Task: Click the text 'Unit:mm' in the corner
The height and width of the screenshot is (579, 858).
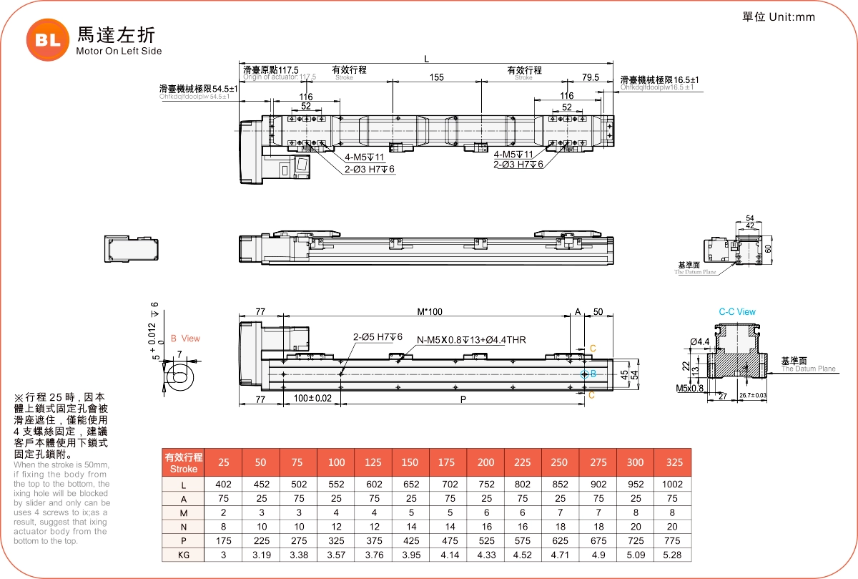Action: point(792,17)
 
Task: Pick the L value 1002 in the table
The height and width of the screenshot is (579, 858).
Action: point(672,485)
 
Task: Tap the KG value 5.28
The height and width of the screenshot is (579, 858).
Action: point(672,555)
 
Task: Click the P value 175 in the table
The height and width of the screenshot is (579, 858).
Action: point(223,541)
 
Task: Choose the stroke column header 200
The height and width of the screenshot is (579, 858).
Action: point(485,463)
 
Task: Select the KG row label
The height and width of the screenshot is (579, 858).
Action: point(184,555)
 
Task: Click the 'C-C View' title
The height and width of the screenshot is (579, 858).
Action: point(736,312)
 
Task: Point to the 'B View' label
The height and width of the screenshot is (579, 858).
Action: point(185,339)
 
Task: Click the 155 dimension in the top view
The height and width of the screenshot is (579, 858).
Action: point(437,77)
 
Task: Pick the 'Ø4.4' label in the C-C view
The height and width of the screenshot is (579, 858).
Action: point(700,341)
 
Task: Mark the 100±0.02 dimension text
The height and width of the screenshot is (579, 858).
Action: point(312,398)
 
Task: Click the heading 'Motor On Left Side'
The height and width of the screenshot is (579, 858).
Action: point(119,51)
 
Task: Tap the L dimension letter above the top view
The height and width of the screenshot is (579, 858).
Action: point(427,57)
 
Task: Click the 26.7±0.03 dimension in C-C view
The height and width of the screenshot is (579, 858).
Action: point(752,395)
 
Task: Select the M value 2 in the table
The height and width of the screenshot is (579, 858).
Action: point(223,512)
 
